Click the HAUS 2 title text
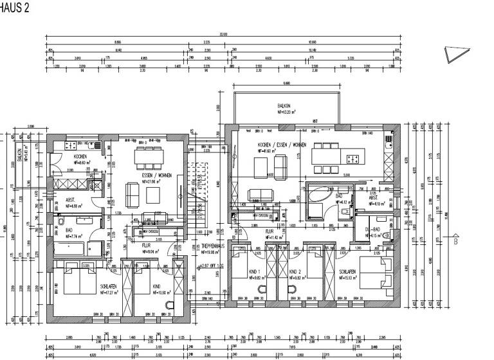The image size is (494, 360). [14, 8]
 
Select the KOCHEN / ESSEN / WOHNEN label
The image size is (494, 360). [282, 145]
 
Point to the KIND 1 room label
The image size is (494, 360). [255, 272]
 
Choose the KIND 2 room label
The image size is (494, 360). [296, 272]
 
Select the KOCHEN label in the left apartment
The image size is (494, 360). [80, 156]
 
